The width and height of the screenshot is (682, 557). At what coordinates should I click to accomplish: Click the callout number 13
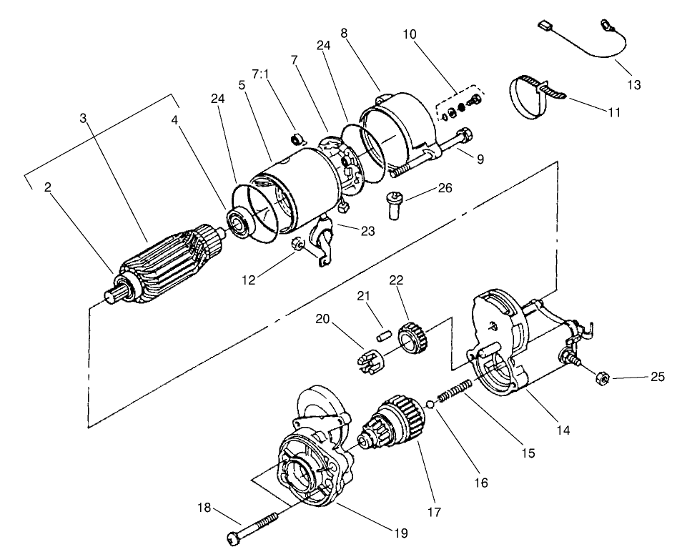[634, 85]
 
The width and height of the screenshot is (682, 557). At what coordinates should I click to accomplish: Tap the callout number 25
[658, 377]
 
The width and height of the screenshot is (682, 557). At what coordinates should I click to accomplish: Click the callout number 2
[47, 187]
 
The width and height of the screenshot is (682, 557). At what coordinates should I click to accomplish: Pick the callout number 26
[445, 189]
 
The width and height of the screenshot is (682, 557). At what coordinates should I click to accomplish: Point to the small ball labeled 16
[430, 405]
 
